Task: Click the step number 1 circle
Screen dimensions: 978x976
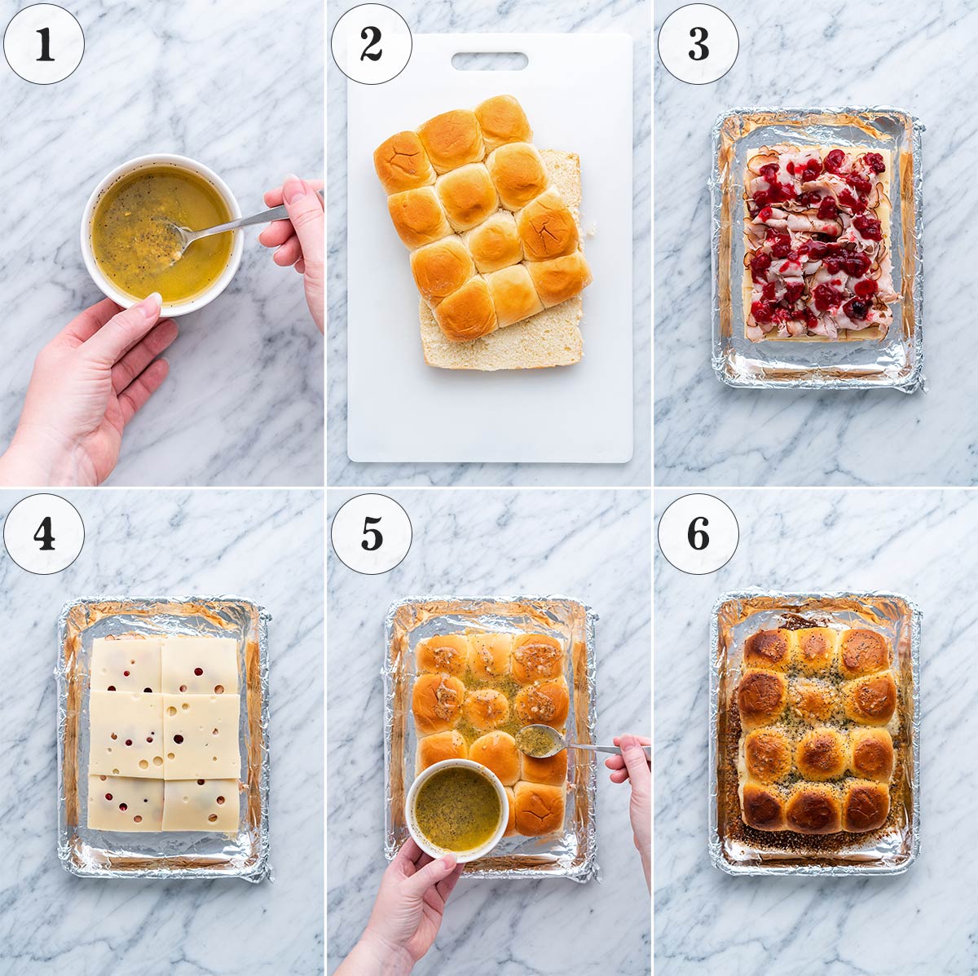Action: coord(44,44)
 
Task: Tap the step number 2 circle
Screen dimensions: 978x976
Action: coord(372,44)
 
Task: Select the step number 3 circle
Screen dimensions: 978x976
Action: coord(698,44)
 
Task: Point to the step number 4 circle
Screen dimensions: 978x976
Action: coord(44,534)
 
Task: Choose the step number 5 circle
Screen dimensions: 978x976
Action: coord(372,534)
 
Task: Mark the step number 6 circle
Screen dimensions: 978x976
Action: coord(698,534)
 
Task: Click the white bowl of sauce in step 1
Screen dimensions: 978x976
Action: coord(162,235)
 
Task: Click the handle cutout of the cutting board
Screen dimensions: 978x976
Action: coord(490,61)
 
